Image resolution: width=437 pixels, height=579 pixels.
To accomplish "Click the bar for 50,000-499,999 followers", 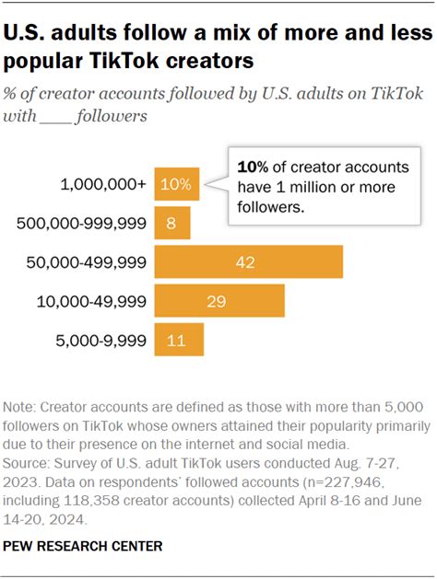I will coord(248,261).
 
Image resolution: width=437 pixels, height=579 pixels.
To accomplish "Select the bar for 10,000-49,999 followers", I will coord(219,301).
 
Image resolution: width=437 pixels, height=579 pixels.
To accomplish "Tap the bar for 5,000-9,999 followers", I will coord(179,340).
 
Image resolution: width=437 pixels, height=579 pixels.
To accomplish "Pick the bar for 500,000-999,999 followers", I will coord(172,223).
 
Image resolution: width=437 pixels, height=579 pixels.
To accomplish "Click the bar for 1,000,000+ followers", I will coord(176,184).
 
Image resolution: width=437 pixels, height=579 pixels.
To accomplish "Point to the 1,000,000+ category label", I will coord(102,184).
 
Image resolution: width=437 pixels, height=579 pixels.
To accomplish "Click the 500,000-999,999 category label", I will coord(82,223).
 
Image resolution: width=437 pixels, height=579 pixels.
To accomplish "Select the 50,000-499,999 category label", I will coord(87,262).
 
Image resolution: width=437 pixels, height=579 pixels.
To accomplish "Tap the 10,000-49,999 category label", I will coord(90,301).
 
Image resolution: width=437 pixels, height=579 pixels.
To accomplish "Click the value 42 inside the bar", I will coord(245,262).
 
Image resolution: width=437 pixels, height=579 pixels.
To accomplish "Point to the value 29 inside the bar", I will coord(218,301).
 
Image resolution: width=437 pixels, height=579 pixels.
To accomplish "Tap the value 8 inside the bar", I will coord(171,224).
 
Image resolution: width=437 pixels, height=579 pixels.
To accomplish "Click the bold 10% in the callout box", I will coord(252,167).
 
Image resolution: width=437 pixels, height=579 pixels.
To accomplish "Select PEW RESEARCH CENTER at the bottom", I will coord(83,546).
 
